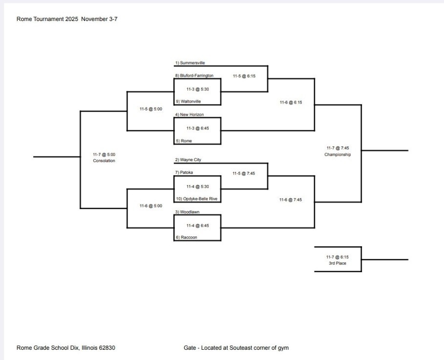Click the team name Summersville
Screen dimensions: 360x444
pyautogui.click(x=192, y=63)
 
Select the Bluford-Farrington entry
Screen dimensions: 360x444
pyautogui.click(x=196, y=76)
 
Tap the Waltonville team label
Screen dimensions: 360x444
pyautogui.click(x=190, y=102)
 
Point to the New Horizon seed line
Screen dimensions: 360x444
pyautogui.click(x=191, y=114)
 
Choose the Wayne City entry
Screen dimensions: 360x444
pyautogui.click(x=190, y=160)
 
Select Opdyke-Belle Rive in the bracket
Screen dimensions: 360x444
pyautogui.click(x=197, y=199)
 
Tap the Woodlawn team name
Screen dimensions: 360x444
pyautogui.click(x=189, y=212)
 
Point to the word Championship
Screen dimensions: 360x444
pyautogui.click(x=338, y=154)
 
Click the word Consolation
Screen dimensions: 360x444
pyautogui.click(x=104, y=160)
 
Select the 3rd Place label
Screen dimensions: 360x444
pyautogui.click(x=338, y=263)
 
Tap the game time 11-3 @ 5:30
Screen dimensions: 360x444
pyautogui.click(x=197, y=89)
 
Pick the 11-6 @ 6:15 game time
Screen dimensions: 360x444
pyautogui.click(x=291, y=103)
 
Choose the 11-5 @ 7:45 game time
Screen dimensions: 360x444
pyautogui.click(x=244, y=173)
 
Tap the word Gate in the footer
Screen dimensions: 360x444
pyautogui.click(x=190, y=348)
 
